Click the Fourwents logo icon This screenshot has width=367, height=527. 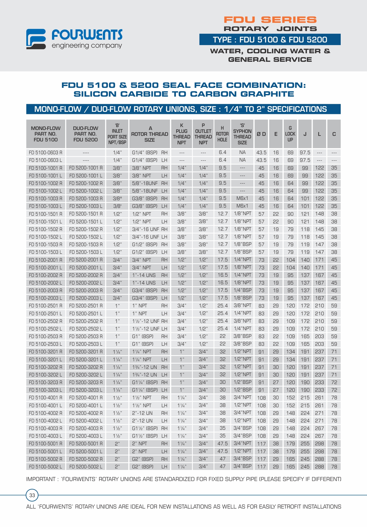click(36, 39)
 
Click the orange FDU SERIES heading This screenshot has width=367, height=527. click(270, 20)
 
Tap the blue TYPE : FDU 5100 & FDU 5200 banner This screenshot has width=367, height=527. click(270, 40)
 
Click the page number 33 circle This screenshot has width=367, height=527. click(32, 495)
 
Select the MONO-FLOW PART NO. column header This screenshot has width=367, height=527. click(46, 134)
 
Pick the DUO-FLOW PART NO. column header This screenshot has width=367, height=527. click(85, 134)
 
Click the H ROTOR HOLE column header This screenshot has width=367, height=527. click(222, 134)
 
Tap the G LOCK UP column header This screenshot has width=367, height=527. click(290, 134)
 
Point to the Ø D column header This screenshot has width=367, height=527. click(261, 134)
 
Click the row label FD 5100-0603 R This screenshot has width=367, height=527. click(46, 153)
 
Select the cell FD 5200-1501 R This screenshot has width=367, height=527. click(86, 214)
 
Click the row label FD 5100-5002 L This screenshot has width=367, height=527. click(46, 467)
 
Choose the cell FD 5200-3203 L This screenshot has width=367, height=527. click(86, 390)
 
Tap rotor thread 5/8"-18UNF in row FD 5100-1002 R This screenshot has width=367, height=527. click(145, 183)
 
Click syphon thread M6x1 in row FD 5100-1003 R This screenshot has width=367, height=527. click(242, 199)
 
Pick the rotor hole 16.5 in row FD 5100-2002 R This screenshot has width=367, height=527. click(222, 275)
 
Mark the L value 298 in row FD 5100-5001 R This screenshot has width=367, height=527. click(319, 444)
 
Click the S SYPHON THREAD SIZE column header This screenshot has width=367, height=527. click(242, 134)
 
